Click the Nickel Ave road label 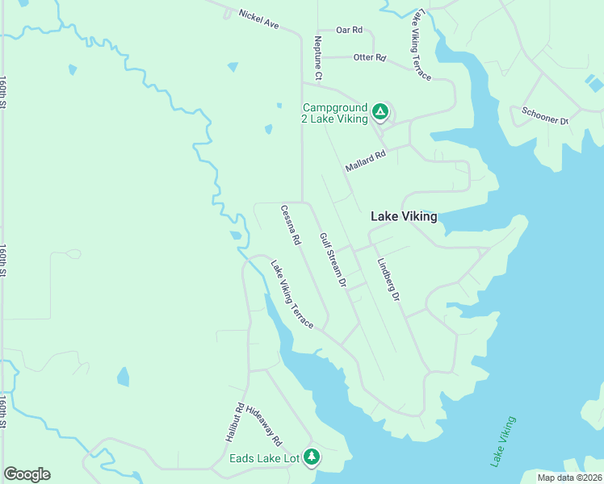258,20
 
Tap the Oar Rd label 349,30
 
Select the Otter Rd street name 370,58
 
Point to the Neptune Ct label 318,58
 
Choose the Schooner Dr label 545,115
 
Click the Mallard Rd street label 366,160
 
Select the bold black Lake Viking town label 404,216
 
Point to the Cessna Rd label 291,225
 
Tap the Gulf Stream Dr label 332,261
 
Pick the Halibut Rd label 234,422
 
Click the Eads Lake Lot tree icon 312,457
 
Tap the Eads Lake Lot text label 264,459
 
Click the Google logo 27,474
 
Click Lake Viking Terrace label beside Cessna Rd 292,294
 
